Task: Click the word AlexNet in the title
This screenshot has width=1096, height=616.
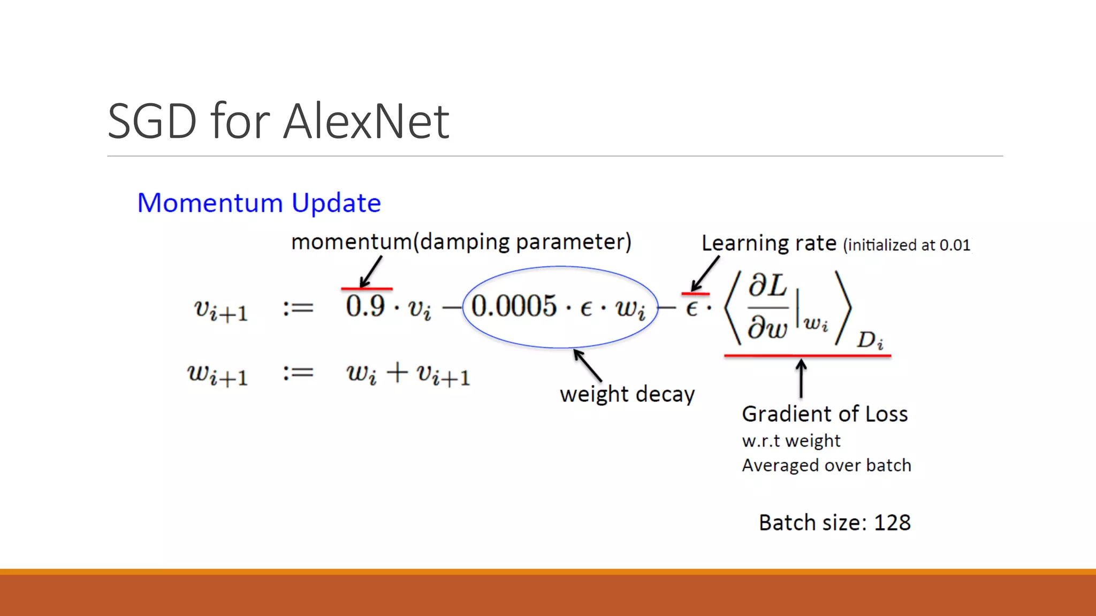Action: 366,122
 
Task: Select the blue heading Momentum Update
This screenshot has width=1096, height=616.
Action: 259,203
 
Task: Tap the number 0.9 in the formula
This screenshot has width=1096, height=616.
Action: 365,306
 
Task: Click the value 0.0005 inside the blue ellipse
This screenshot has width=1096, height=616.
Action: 514,306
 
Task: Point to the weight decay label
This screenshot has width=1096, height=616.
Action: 627,395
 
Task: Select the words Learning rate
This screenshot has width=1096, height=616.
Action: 768,244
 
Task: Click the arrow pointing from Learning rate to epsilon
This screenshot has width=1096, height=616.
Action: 705,273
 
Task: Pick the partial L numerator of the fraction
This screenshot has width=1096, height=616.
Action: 767,286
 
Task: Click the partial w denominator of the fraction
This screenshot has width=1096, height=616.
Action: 767,327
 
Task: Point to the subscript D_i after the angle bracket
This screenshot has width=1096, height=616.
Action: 870,340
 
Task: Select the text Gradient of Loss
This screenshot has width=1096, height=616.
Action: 825,414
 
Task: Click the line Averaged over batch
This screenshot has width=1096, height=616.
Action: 826,466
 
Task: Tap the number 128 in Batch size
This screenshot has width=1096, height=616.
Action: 892,523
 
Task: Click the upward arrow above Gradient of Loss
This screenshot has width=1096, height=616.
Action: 801,379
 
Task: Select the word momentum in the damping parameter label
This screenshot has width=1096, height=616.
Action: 351,242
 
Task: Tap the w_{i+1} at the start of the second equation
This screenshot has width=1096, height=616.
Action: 218,374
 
